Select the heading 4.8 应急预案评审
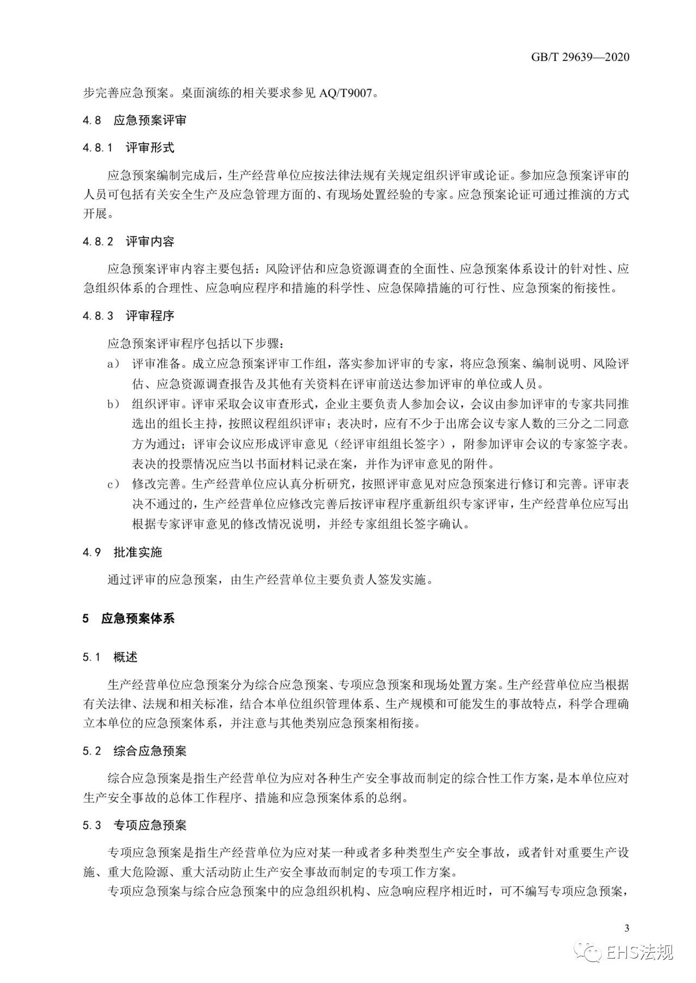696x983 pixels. point(134,121)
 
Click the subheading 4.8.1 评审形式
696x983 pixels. point(128,148)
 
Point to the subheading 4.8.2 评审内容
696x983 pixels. point(128,242)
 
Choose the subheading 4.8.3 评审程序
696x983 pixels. point(128,316)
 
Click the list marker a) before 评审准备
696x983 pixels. point(113,364)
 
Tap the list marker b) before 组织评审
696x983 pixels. point(113,404)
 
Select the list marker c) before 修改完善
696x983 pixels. point(113,484)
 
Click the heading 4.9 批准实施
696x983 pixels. point(122,553)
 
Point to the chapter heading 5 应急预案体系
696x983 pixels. point(128,619)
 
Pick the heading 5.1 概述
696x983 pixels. point(110,658)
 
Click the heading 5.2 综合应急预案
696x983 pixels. point(134,752)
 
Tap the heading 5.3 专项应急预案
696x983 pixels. point(134,825)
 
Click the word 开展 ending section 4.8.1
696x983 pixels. point(96,214)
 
